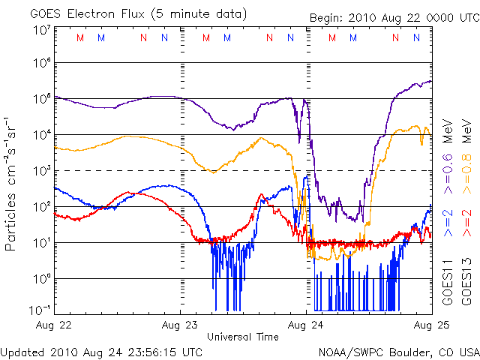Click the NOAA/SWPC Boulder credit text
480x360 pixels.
[x=398, y=351]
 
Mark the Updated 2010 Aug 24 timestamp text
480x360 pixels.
[x=101, y=351]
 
